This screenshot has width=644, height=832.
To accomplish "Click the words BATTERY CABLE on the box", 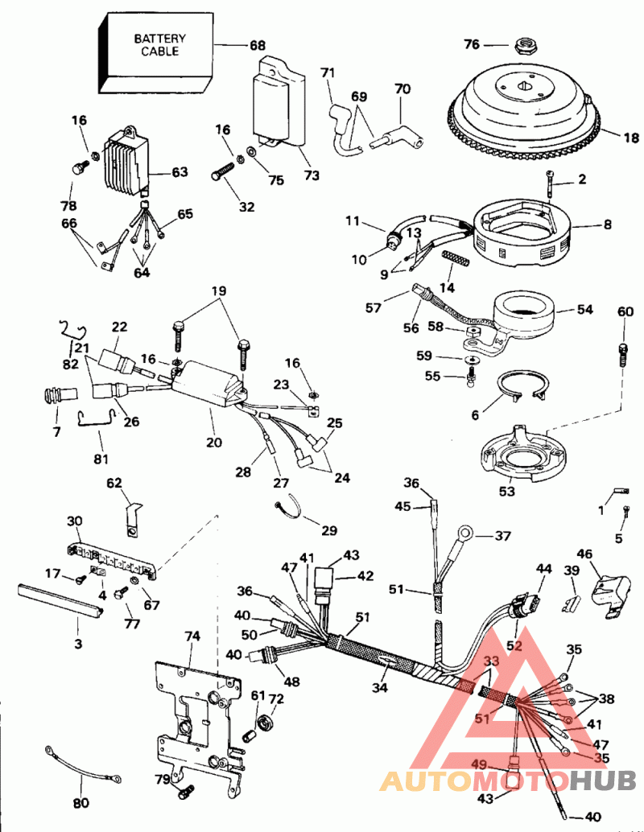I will (x=159, y=44).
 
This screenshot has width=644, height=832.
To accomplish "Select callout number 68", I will (x=256, y=45).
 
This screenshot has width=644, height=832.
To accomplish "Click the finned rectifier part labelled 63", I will (x=126, y=160).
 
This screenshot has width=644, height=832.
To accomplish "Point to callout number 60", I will (x=625, y=311).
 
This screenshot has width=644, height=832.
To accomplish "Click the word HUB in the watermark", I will (x=605, y=779).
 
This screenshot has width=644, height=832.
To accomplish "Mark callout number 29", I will (x=328, y=530).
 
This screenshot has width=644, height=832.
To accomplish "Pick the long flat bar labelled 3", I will (x=60, y=600).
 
